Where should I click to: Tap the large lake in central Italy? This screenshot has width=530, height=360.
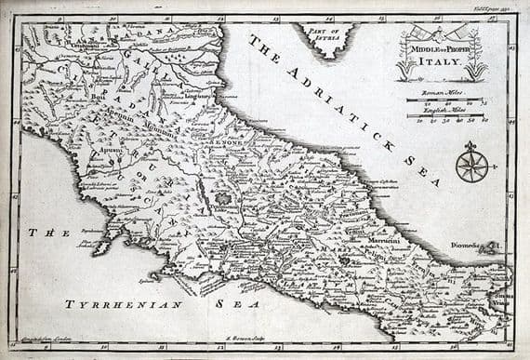pyautogui.click(x=223, y=198)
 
